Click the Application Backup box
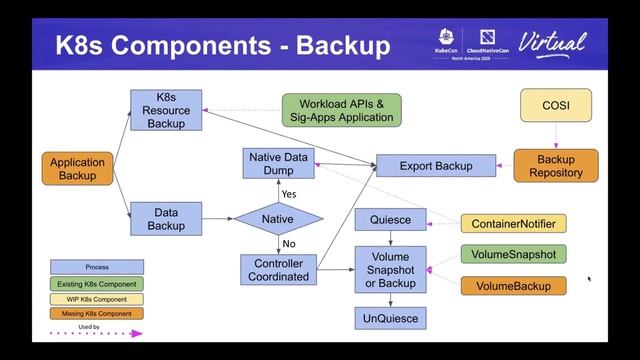(78, 169)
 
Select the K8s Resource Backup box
(166, 109)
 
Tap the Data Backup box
(166, 219)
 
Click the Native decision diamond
(278, 218)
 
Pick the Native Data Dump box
(279, 163)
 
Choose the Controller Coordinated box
(279, 269)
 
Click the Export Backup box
(436, 165)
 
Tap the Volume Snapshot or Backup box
(390, 269)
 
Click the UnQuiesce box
(390, 318)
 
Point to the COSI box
(555, 104)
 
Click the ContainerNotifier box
(513, 224)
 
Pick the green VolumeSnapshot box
(513, 254)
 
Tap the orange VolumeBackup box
(513, 286)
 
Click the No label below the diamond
(288, 243)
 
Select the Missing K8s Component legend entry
(97, 313)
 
